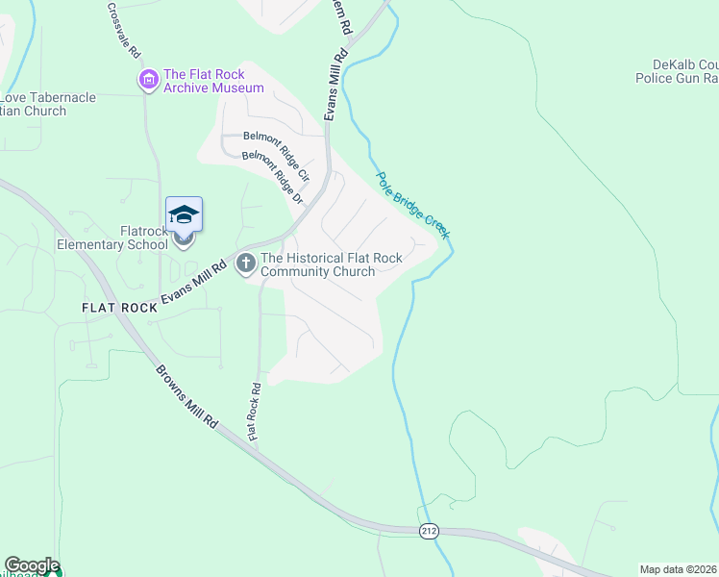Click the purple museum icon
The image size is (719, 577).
(149, 79)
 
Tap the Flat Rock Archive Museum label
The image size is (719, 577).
(213, 81)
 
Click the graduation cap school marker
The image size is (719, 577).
(184, 214)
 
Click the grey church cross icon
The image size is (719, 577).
(246, 262)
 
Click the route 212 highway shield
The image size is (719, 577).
(430, 531)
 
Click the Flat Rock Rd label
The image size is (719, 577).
(255, 413)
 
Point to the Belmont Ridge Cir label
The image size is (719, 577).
(276, 144)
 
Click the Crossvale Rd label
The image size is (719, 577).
(124, 28)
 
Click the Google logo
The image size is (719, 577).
(32, 565)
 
